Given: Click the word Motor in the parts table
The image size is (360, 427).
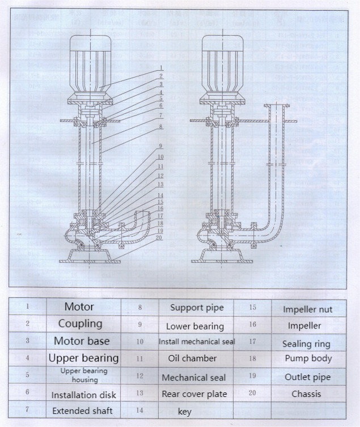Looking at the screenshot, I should (79, 307).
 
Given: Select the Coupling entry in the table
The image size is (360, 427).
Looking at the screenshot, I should (80, 324).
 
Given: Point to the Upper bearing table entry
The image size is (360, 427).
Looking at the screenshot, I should (83, 358).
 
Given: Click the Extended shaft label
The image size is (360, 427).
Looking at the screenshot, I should (83, 410).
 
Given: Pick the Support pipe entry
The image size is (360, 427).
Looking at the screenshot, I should (197, 308).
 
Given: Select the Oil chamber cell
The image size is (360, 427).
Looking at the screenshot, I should (192, 358).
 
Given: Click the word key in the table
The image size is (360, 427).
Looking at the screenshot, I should (185, 412).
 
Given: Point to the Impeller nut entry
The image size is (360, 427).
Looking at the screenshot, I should (307, 309).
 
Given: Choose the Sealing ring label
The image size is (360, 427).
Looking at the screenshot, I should (306, 344).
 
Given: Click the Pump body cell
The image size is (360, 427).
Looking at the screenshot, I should (308, 358).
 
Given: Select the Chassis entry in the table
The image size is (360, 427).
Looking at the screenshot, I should (306, 394).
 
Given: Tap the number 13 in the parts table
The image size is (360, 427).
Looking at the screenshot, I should (139, 393).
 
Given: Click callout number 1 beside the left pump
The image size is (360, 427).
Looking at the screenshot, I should (161, 67).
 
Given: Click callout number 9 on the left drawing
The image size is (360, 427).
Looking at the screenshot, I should (161, 146).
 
